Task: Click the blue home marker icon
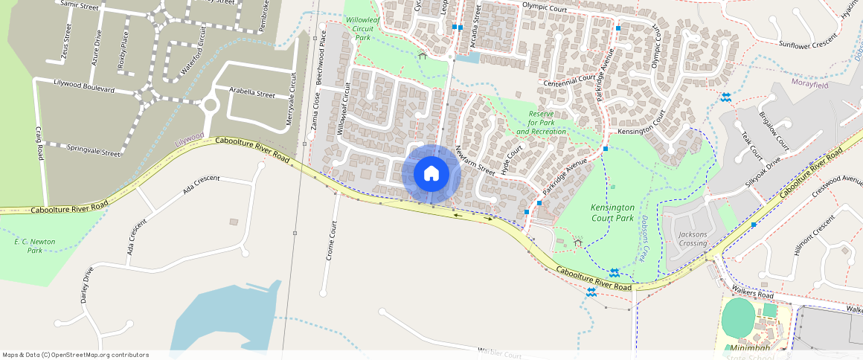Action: (431, 174)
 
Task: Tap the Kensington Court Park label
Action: (612, 213)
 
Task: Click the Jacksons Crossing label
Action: (693, 239)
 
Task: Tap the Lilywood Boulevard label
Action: (84, 85)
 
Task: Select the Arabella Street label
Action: (252, 94)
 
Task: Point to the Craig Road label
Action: (39, 144)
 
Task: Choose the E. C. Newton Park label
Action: (35, 246)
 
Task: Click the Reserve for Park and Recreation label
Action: (542, 123)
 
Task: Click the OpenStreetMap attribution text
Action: (75, 355)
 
